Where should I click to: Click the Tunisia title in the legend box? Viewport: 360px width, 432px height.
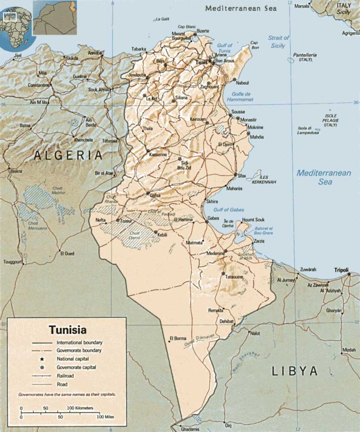tap(67, 329)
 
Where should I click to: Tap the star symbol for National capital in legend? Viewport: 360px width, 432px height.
tap(42, 359)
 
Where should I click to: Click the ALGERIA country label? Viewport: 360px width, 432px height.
tap(68, 156)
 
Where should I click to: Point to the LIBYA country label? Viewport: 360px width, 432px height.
tap(295, 371)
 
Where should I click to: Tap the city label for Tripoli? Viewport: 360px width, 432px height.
tap(341, 270)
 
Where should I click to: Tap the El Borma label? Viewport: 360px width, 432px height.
tap(177, 338)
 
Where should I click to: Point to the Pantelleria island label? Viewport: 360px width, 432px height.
tap(305, 55)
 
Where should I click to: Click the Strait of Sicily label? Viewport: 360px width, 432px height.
tap(278, 42)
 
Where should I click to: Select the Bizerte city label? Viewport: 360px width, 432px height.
tap(202, 31)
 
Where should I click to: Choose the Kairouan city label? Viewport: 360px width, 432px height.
tap(198, 119)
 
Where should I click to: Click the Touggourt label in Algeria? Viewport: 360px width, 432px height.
tap(13, 262)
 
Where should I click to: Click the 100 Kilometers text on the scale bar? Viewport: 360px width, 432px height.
tap(80, 408)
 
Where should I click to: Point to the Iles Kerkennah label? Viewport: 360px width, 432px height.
tap(264, 180)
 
